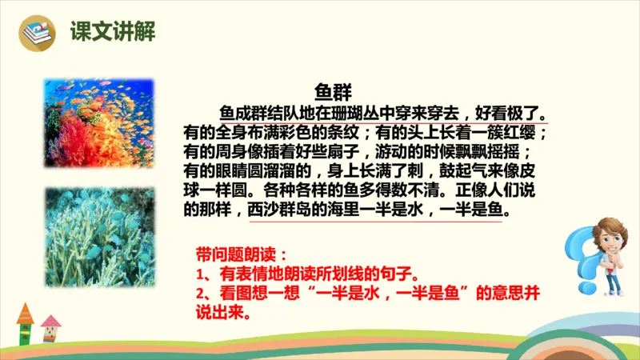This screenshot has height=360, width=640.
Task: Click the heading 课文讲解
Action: click(x=112, y=33)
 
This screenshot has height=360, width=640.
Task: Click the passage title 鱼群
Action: click(x=334, y=90)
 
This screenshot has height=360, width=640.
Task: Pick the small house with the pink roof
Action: click(x=52, y=327)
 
